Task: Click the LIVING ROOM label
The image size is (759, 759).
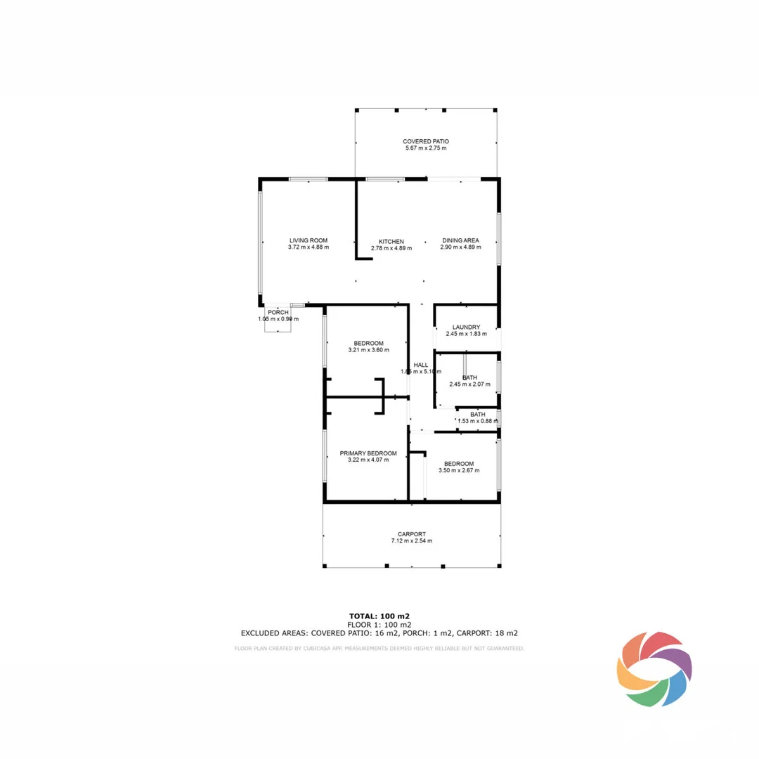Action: (x=308, y=240)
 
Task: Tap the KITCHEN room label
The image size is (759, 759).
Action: (x=391, y=241)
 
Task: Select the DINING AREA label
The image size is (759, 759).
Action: (x=460, y=240)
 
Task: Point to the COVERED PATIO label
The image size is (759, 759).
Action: (x=425, y=141)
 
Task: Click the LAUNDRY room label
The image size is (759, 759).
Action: (x=466, y=327)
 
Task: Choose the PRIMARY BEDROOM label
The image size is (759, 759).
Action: (x=368, y=453)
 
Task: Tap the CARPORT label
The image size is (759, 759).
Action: (x=411, y=534)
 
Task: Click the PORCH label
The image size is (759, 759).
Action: (x=278, y=312)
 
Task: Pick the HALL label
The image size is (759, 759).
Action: (x=421, y=365)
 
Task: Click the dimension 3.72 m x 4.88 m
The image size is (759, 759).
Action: (x=308, y=247)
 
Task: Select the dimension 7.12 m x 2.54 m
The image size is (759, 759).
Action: (x=411, y=541)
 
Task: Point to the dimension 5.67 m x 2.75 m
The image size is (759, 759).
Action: (x=425, y=148)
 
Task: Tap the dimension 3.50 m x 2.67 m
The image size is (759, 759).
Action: (x=458, y=470)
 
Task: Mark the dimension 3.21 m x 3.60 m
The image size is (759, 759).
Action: (x=368, y=350)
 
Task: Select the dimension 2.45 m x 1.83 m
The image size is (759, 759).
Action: (x=466, y=334)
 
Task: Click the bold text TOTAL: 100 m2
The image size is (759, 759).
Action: (x=379, y=616)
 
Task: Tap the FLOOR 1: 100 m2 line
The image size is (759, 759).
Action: (x=379, y=624)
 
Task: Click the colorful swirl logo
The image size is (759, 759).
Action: (x=654, y=668)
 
